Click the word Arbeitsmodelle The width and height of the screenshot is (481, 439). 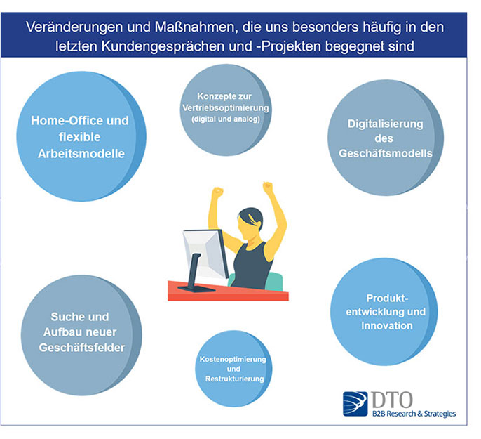[81, 154]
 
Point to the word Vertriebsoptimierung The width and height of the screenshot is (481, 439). [226, 108]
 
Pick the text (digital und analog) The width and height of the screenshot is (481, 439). [226, 119]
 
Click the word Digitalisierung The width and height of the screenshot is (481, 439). [386, 124]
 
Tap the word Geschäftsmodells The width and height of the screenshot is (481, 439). [386, 153]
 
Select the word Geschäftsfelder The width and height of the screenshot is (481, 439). [81, 348]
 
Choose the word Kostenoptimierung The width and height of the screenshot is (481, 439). [233, 359]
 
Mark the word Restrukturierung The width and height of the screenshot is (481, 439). [235, 379]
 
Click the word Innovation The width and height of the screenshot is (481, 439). [387, 326]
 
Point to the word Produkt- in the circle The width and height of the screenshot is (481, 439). [388, 299]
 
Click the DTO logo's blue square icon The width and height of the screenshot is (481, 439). [355, 404]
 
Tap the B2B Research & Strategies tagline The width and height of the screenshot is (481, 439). [414, 414]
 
